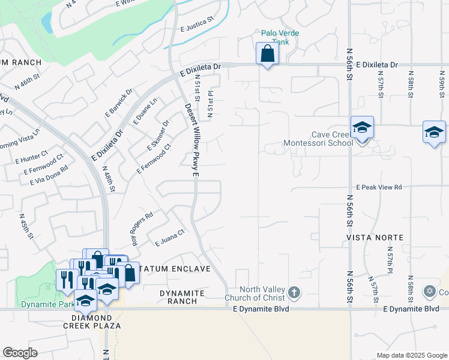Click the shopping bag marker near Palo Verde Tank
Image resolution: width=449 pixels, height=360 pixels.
(x=267, y=53)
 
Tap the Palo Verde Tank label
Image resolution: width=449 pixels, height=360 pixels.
(x=280, y=38)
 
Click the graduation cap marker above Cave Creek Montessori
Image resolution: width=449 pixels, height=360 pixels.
(x=362, y=128)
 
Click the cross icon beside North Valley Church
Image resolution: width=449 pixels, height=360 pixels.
(x=294, y=293)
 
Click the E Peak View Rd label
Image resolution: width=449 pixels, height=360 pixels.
(x=378, y=188)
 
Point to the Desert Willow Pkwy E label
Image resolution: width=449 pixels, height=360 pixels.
(x=191, y=140)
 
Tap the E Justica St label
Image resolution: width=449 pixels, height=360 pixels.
(x=197, y=25)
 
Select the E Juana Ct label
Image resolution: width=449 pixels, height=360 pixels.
(x=169, y=241)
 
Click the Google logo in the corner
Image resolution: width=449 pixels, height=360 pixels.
(x=20, y=353)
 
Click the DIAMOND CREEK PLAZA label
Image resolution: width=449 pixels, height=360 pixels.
(x=92, y=322)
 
